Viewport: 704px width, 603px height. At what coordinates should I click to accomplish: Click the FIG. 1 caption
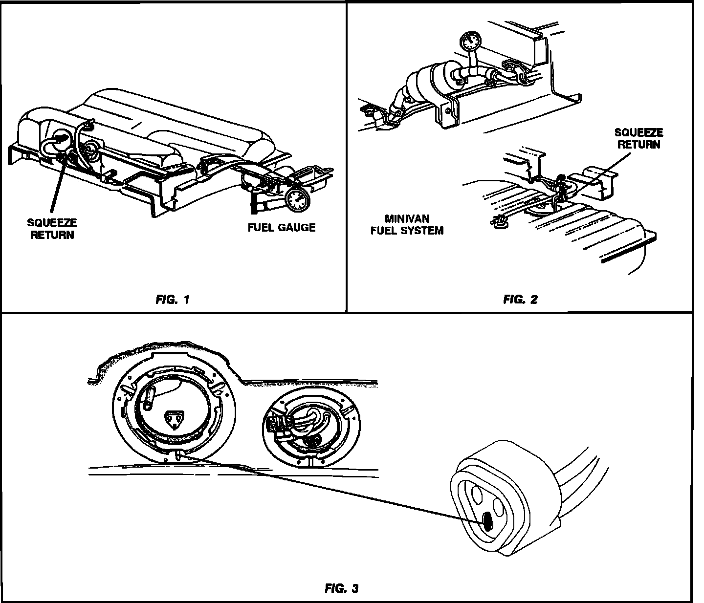point(172,300)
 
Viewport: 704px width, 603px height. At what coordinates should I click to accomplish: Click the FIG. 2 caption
point(520,300)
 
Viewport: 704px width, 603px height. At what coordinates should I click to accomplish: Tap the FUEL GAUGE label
point(281,227)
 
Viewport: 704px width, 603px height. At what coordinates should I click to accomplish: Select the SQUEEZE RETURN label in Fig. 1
point(52,229)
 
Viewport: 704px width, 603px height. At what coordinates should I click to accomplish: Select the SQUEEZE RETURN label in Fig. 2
point(639,138)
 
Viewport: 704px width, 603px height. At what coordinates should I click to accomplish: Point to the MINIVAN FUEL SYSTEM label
point(407,225)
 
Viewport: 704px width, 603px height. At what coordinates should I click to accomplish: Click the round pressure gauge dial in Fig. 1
point(296,199)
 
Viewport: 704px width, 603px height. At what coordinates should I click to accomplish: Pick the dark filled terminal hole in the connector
point(488,523)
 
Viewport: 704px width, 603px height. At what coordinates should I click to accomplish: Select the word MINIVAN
point(407,219)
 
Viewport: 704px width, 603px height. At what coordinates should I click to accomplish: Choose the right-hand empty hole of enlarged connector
point(499,508)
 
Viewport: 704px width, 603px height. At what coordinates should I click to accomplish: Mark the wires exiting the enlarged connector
point(582,469)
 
